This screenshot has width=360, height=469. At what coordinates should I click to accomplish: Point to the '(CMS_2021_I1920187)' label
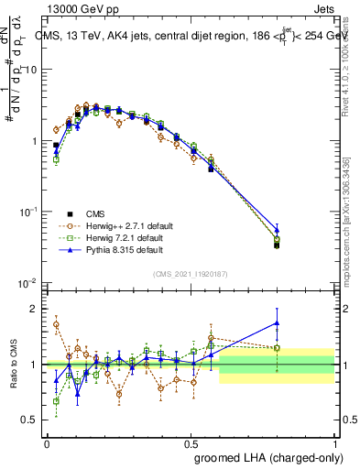pos(190,273)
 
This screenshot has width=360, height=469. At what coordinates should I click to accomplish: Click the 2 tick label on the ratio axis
pos(35,309)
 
